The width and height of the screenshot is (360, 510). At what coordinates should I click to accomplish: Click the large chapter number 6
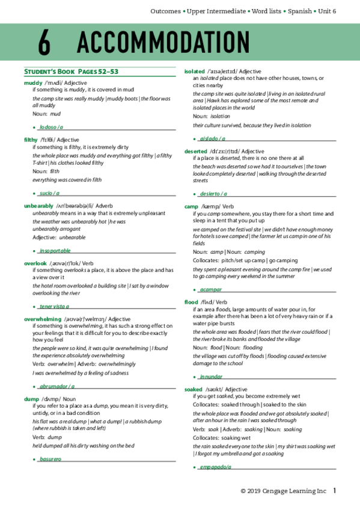[44, 43]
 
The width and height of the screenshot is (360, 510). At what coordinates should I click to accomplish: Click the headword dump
[31, 381]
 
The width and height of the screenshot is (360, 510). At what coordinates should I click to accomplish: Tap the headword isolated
[195, 71]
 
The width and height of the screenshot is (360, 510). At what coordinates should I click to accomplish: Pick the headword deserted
[196, 151]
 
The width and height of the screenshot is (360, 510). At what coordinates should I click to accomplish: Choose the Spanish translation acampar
[210, 289]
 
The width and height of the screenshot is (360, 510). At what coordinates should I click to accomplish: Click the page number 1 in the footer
[335, 491]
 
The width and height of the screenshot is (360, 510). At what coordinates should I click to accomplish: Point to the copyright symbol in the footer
[243, 491]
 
